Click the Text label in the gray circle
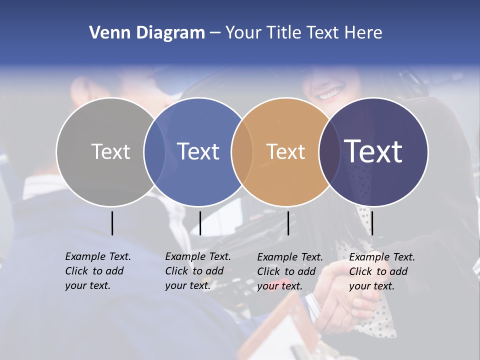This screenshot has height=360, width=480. pos(111,151)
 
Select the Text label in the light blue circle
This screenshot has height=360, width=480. pos(198,151)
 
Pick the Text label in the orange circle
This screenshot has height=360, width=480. pos(286,151)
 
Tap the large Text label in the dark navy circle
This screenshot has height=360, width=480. pos(373,151)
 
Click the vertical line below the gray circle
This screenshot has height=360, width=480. pos(112,223)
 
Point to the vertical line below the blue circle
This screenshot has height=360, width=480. pos(200,223)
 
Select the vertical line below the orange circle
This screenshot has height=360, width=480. pos(288,223)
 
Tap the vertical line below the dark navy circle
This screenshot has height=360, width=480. pos(372,223)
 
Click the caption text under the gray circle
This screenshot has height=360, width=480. pos(98,271)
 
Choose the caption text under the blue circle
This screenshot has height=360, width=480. pos(198,271)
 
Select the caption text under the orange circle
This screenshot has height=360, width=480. pos(290,271)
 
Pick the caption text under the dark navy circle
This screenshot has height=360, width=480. pos(382,271)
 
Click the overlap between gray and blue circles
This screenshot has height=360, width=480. pos(154,152)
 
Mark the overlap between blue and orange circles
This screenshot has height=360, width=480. pos(242,152)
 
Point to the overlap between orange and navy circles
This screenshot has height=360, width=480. pos(329,152)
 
